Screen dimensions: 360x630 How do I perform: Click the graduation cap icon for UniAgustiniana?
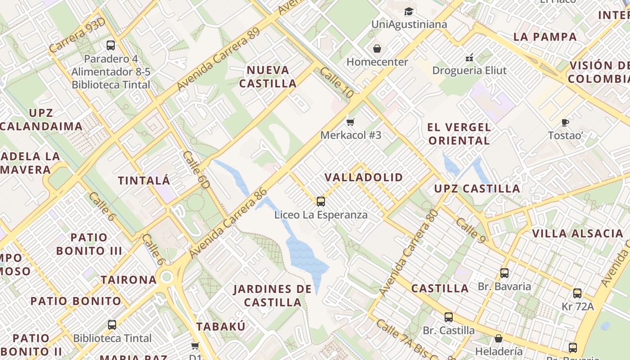coord(409,11)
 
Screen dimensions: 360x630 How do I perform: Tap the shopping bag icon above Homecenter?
coord(377,48)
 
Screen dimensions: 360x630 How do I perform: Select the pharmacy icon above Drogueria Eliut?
coord(469,58)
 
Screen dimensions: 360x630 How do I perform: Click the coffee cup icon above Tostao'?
coord(566,122)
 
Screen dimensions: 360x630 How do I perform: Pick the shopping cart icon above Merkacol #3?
coord(351,121)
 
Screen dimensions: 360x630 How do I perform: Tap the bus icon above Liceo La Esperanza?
coord(321,201)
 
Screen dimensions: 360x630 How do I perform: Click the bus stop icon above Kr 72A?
coord(577,293)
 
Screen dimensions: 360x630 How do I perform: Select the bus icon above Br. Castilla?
coord(449,317)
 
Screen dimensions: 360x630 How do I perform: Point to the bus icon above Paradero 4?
coord(111,45)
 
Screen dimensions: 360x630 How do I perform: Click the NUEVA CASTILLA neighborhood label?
coord(268,76)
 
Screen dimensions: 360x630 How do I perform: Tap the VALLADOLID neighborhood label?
coord(364,177)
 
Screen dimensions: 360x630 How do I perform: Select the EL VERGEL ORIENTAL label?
coord(459,134)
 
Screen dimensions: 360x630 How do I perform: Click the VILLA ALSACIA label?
coord(577,234)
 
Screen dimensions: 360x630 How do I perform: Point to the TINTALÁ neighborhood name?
coord(144,181)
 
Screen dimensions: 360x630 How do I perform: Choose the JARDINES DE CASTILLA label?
coord(272,295)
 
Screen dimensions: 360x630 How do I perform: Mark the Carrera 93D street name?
coord(77,36)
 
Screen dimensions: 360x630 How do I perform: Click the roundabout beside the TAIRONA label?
coord(166,276)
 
